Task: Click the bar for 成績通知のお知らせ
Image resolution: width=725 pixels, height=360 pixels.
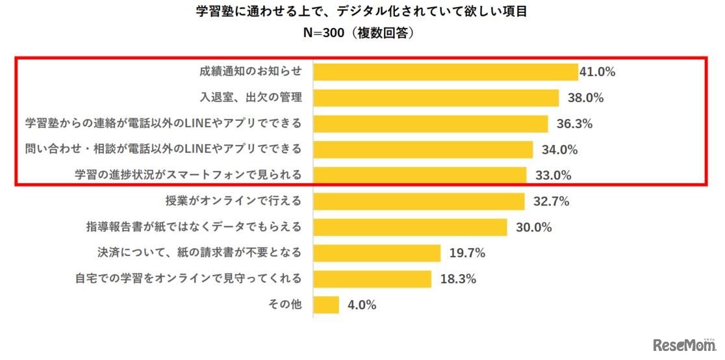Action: point(446,71)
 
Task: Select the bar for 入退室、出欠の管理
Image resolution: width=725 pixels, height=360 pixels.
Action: point(436,97)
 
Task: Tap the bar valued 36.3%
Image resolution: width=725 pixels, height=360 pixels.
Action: point(431,123)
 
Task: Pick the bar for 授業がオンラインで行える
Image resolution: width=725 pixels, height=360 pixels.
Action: point(419,201)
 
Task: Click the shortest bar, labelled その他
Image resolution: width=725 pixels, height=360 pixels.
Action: point(326,305)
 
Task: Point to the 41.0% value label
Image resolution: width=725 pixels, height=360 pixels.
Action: point(597,72)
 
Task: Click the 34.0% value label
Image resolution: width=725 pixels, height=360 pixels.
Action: point(559,150)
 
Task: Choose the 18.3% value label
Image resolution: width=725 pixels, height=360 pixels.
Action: point(457,279)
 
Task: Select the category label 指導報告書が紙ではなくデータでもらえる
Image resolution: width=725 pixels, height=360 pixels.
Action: point(194,227)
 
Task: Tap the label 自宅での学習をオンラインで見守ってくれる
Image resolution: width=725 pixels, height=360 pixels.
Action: point(188,279)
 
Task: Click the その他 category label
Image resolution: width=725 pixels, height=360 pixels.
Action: point(285,305)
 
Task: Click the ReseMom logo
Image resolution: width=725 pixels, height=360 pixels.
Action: point(683,344)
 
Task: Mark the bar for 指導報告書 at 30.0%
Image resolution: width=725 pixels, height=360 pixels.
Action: point(410,227)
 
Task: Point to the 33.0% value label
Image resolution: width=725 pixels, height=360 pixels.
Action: point(552,175)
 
